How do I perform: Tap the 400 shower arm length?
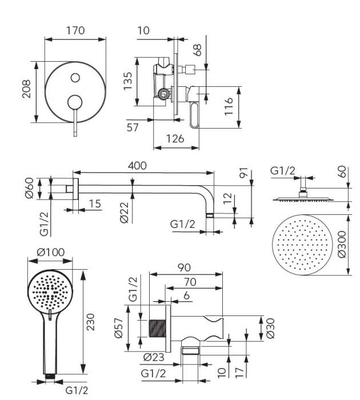click(137, 166)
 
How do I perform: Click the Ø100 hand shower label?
click(50, 252)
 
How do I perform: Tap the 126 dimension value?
click(175, 139)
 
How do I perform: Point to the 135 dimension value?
click(129, 81)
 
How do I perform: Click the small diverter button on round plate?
click(75, 77)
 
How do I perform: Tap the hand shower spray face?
click(50, 293)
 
